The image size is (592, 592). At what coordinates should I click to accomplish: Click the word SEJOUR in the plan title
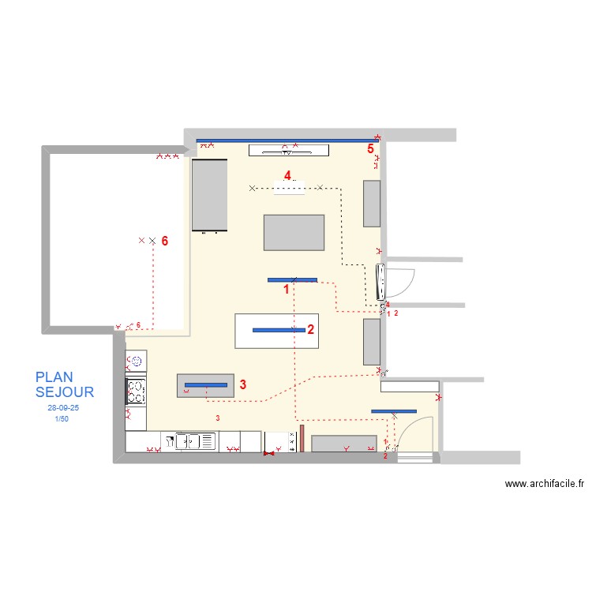[x=65, y=392]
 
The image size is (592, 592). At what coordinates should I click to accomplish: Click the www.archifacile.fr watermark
[x=544, y=484]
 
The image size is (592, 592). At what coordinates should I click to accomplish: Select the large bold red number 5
[x=369, y=148]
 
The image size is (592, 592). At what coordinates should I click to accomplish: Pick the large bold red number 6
[x=164, y=241]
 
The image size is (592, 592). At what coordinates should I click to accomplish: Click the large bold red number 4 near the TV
[x=287, y=174]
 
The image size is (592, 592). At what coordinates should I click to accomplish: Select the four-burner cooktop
[x=136, y=389]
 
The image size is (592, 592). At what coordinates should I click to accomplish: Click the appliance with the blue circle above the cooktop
[x=136, y=362]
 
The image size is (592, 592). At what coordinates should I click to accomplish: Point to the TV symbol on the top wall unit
[x=288, y=150]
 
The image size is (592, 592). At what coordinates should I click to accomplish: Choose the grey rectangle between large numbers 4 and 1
[x=294, y=232]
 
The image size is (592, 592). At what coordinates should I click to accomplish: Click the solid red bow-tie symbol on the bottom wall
[x=270, y=454]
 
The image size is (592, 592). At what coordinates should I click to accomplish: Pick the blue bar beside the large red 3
[x=206, y=384]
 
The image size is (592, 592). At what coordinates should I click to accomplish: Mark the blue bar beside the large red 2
[x=279, y=330]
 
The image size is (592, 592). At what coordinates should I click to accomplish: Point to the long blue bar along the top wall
[x=288, y=141]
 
